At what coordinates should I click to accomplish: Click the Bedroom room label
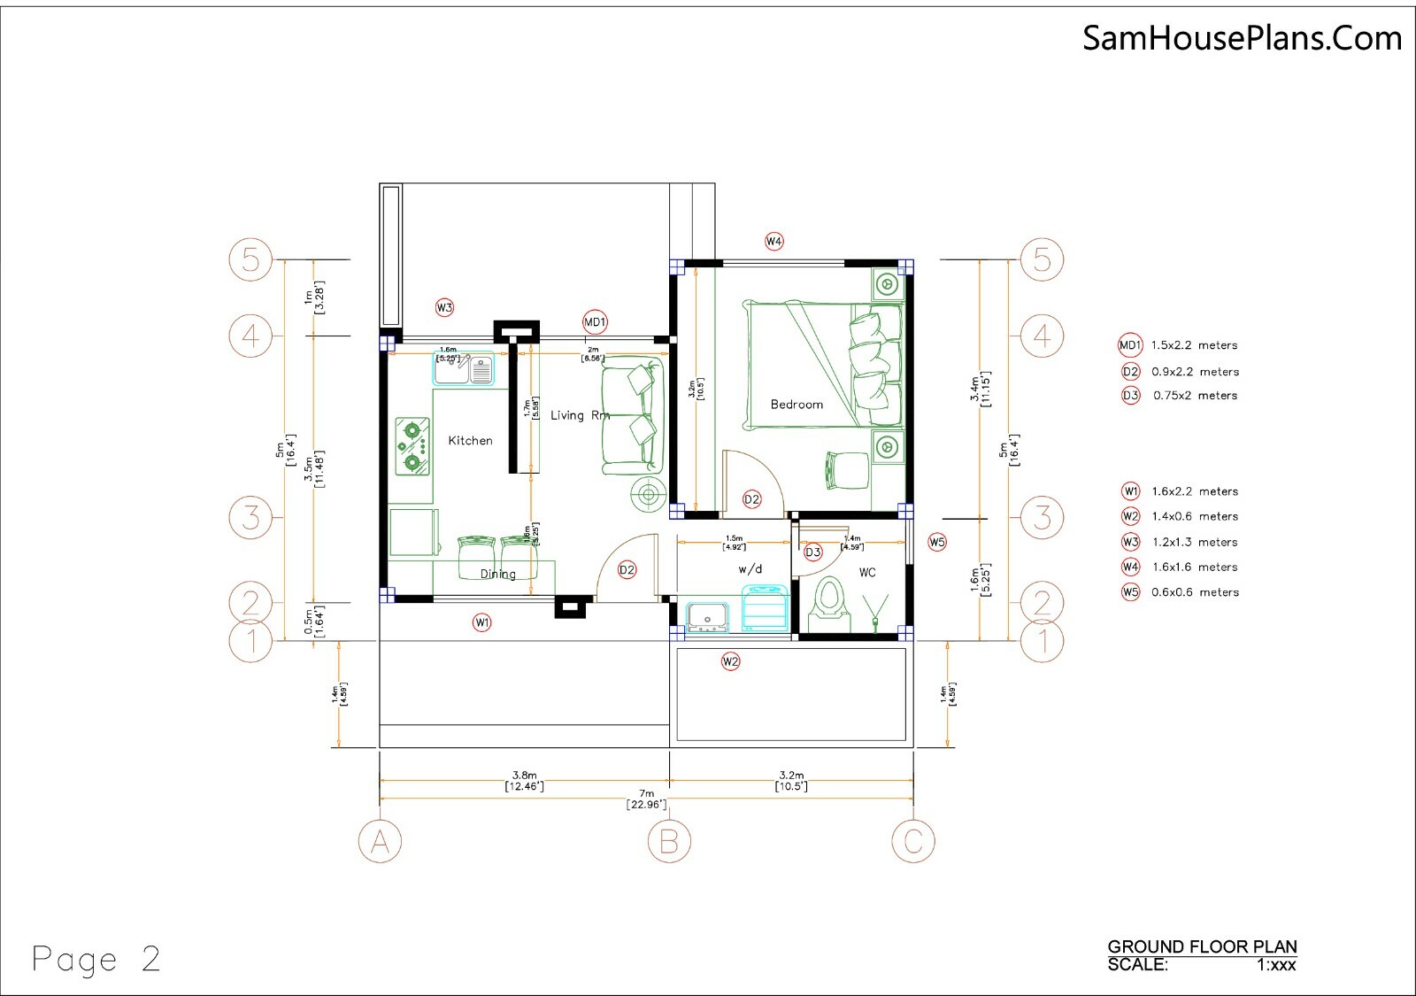(796, 405)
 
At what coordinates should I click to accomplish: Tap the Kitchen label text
(470, 440)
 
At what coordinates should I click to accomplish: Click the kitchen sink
(465, 367)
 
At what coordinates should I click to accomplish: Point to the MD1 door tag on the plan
(595, 322)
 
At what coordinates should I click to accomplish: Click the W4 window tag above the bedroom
(774, 241)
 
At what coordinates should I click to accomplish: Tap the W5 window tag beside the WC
(937, 542)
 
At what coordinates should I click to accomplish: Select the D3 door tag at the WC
(813, 552)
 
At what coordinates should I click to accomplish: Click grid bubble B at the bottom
(669, 841)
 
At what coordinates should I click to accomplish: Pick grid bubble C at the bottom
(913, 841)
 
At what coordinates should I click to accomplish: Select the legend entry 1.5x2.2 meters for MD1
(1194, 345)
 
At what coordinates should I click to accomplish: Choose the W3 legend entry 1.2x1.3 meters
(1194, 542)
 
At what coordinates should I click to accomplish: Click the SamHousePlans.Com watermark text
(1242, 37)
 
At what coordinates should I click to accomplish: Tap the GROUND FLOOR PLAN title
(1202, 947)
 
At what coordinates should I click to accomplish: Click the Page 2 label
(96, 960)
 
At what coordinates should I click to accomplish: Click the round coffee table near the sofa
(649, 494)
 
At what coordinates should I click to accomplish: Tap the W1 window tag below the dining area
(481, 622)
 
